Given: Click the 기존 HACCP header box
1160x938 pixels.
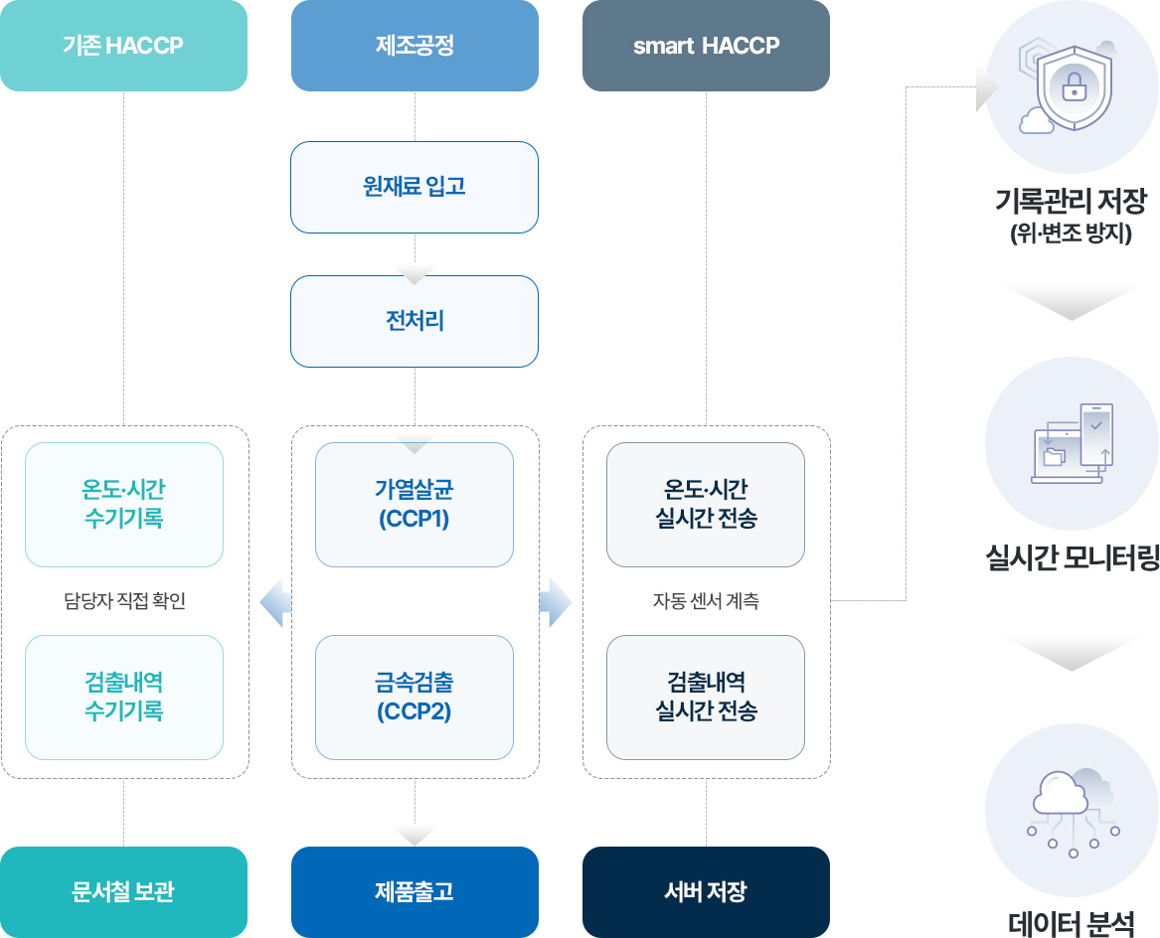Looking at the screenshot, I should (x=123, y=46).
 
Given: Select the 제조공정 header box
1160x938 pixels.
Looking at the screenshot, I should (x=414, y=46).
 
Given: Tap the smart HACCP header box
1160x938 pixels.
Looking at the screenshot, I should (x=706, y=46).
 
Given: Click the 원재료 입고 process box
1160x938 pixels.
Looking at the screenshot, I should (x=414, y=187).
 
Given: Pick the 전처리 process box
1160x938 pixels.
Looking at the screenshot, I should (x=414, y=321).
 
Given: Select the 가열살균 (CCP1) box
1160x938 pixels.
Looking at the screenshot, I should (x=414, y=505).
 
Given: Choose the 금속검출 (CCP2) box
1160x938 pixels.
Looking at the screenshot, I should (x=414, y=698).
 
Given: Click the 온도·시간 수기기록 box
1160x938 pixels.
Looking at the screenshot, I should (x=124, y=505).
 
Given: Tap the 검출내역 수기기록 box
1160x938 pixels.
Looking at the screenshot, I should (x=124, y=698).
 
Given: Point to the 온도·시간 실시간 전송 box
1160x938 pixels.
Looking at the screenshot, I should (x=706, y=505).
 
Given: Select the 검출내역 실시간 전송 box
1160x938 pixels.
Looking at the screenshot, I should (x=706, y=698).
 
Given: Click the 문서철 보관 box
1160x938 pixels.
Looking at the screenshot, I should (x=123, y=892).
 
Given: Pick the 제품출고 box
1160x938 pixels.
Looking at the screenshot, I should (x=414, y=892).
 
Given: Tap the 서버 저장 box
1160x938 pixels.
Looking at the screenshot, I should (x=706, y=892).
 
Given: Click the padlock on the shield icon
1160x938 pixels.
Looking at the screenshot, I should (x=1073, y=88).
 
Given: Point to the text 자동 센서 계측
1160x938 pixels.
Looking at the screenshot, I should (x=706, y=601).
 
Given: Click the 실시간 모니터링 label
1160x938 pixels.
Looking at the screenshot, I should (x=1072, y=557).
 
